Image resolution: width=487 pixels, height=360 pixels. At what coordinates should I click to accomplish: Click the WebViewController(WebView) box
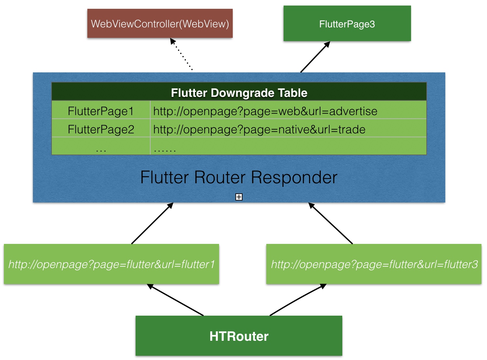coord(160,23)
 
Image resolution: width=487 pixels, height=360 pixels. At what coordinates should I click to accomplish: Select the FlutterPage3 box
coord(347,24)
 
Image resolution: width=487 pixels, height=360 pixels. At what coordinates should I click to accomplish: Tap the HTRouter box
coord(239,336)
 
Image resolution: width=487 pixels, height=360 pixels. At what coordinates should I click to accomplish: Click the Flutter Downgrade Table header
coord(239,93)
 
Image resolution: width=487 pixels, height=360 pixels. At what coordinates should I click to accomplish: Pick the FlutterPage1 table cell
coord(101,111)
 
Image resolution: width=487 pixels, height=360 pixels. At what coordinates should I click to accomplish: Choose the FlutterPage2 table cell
coord(101,129)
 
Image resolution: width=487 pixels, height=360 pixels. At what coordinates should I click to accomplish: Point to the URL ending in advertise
coord(265,111)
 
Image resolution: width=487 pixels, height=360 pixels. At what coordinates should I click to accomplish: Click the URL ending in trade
coord(259,129)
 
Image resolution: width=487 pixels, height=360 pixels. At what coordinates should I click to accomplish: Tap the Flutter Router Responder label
coord(239,177)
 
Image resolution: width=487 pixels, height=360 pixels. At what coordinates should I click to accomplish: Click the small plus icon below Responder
coord(239,197)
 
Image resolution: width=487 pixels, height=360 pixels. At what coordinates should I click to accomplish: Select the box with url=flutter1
coord(111,264)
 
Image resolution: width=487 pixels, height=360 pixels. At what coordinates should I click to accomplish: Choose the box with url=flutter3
coord(374,264)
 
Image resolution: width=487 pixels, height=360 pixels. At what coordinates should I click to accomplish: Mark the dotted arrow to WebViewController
coord(182,55)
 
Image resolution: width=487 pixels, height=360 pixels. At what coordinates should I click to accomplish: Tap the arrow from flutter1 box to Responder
coord(152,223)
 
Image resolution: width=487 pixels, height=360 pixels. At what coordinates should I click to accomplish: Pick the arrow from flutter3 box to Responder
coord(331,223)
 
